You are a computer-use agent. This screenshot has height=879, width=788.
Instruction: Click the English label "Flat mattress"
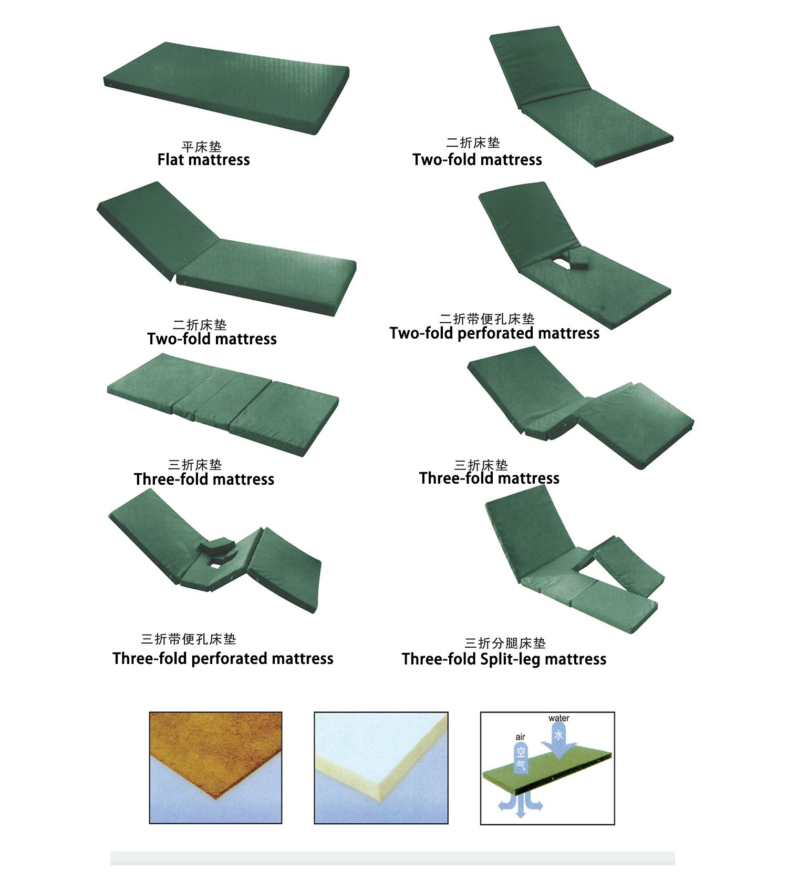204,160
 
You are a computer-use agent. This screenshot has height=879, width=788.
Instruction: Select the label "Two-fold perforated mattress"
494,333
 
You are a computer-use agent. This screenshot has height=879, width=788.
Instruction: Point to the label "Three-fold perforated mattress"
223,659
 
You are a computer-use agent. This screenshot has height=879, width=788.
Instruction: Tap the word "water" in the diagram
558,718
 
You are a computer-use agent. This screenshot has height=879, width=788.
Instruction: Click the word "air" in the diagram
520,737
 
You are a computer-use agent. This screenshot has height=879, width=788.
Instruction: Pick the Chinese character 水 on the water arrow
558,734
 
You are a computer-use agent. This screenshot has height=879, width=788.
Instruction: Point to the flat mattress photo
227,87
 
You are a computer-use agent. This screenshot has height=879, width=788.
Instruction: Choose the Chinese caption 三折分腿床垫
505,643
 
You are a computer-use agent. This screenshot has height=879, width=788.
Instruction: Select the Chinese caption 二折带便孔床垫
487,319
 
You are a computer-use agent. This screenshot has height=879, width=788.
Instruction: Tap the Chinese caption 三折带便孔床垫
189,639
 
